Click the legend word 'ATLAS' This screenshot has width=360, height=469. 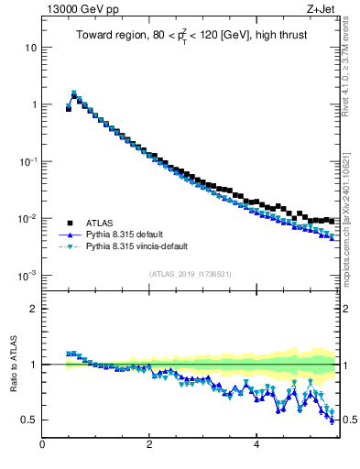(100, 223)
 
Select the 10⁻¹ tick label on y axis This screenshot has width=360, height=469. (30, 161)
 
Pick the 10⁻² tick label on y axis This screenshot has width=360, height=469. (30, 218)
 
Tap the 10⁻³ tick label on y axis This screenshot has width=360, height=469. (30, 276)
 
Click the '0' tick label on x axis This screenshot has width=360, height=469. (42, 445)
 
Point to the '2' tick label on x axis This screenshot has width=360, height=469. (148, 445)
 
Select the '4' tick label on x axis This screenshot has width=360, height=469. (256, 445)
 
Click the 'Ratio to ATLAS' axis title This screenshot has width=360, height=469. (12, 364)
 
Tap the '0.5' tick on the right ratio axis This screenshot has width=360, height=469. (349, 420)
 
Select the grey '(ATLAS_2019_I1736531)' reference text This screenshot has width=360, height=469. (190, 274)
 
